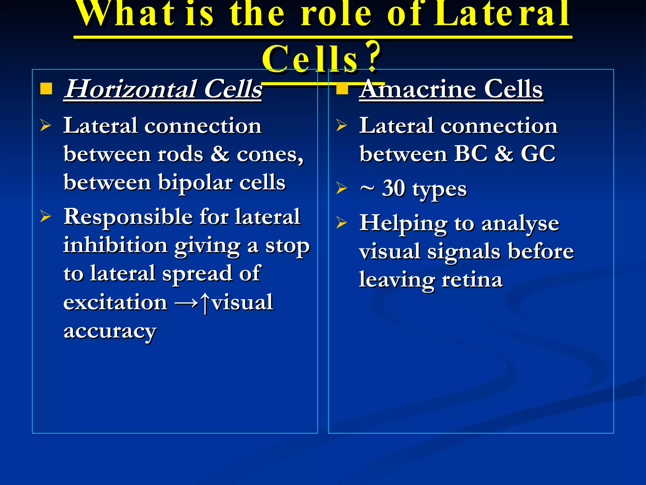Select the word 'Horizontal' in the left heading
point(131,89)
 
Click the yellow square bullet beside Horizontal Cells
point(46,89)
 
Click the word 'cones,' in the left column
point(270,154)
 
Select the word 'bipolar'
point(195,183)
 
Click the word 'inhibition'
point(115,245)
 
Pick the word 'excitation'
point(115,302)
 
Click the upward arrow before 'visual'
point(205,302)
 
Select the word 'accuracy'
point(110,331)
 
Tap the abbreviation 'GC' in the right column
point(538,154)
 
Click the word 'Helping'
point(403,223)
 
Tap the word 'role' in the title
point(336,14)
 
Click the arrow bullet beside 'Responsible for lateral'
point(45,217)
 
